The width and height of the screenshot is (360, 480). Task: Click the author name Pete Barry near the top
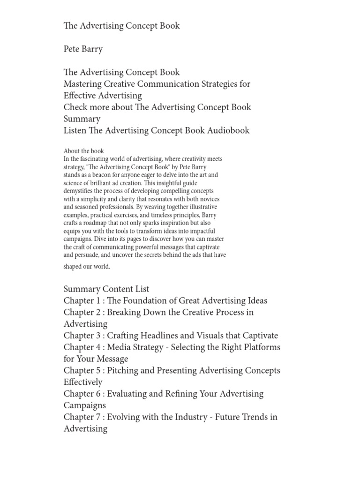[83, 49]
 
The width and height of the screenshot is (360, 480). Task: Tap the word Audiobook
[228, 130]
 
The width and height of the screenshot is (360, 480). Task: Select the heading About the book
[84, 151]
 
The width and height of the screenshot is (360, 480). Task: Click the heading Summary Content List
[106, 289]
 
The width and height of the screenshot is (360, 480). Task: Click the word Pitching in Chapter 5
[125, 370]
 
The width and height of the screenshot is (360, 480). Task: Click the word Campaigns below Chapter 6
[85, 405]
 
